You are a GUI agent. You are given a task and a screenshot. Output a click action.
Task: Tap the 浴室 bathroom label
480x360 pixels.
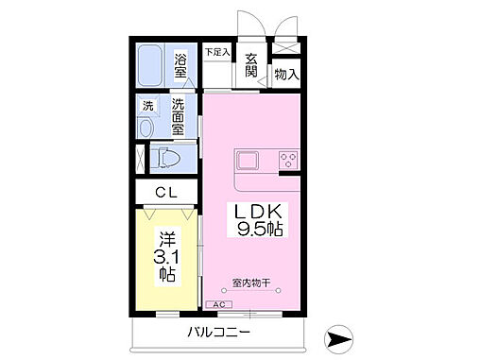tap(182, 67)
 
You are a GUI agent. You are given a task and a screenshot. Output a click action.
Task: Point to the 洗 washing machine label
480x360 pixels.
tap(147, 106)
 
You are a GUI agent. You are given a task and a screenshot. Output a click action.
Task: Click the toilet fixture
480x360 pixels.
tap(167, 157)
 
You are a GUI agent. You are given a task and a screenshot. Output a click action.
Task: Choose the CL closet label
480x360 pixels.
tap(166, 194)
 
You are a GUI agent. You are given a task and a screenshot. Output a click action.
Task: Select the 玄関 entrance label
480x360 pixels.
tap(250, 64)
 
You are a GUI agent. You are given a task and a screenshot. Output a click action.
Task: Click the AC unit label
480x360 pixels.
tap(218, 304)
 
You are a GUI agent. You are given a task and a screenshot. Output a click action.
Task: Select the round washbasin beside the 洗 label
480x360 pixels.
tap(147, 128)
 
